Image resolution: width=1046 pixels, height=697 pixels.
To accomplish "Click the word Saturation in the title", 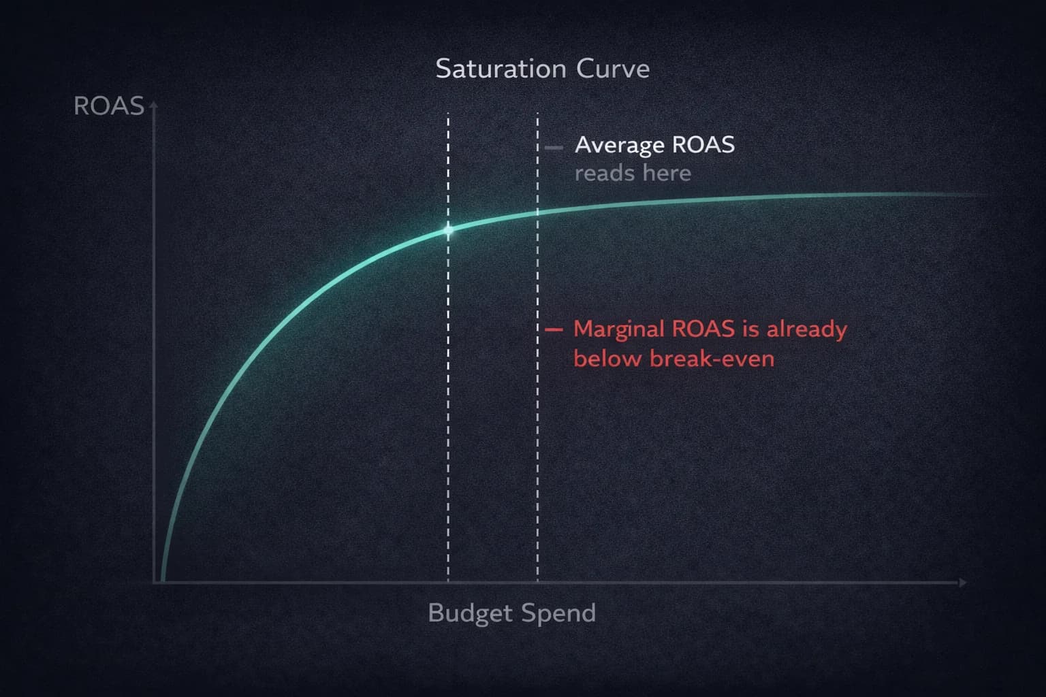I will pyautogui.click(x=501, y=69).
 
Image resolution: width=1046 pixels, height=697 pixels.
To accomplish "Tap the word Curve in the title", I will pyautogui.click(x=613, y=69).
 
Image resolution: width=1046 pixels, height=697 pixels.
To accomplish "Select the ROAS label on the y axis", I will pyautogui.click(x=108, y=106).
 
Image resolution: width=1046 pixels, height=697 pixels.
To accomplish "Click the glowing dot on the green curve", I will pyautogui.click(x=448, y=230).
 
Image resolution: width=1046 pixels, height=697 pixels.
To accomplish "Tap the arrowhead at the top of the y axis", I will pyautogui.click(x=154, y=106).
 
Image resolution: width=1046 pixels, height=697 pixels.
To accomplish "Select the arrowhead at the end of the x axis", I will pyautogui.click(x=962, y=583).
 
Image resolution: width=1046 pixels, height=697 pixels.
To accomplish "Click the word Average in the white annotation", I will pyautogui.click(x=620, y=145).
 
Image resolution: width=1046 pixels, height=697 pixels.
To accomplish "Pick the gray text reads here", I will pyautogui.click(x=633, y=174).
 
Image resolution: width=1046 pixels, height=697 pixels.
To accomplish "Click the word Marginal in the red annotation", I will pyautogui.click(x=619, y=329).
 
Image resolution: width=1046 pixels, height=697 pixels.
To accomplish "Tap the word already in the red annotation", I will pyautogui.click(x=807, y=329).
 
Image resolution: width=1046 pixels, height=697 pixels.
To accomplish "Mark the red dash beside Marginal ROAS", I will pyautogui.click(x=554, y=329).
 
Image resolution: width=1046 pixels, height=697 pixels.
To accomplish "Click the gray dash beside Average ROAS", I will pyautogui.click(x=554, y=147).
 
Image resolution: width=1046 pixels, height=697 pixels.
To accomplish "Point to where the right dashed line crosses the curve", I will pyautogui.click(x=537, y=212).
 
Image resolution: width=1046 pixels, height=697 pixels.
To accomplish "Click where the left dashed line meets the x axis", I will pyautogui.click(x=448, y=582).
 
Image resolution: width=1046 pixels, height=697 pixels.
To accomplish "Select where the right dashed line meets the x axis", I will pyautogui.click(x=537, y=582).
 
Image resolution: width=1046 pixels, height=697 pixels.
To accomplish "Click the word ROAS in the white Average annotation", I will pyautogui.click(x=703, y=145).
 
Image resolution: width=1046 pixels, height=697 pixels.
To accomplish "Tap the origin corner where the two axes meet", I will pyautogui.click(x=155, y=583).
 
